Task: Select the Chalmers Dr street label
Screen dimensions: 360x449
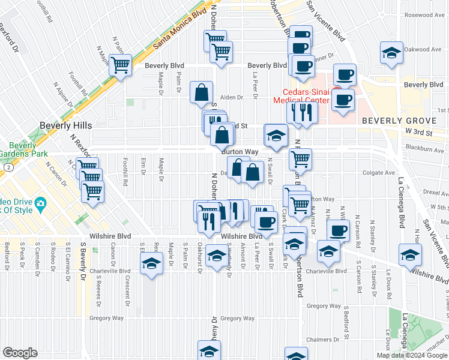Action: click(318, 340)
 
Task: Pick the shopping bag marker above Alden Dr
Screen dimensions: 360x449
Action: click(202, 92)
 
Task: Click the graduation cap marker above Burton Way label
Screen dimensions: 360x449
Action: click(276, 135)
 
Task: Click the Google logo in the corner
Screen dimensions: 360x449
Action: click(20, 353)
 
